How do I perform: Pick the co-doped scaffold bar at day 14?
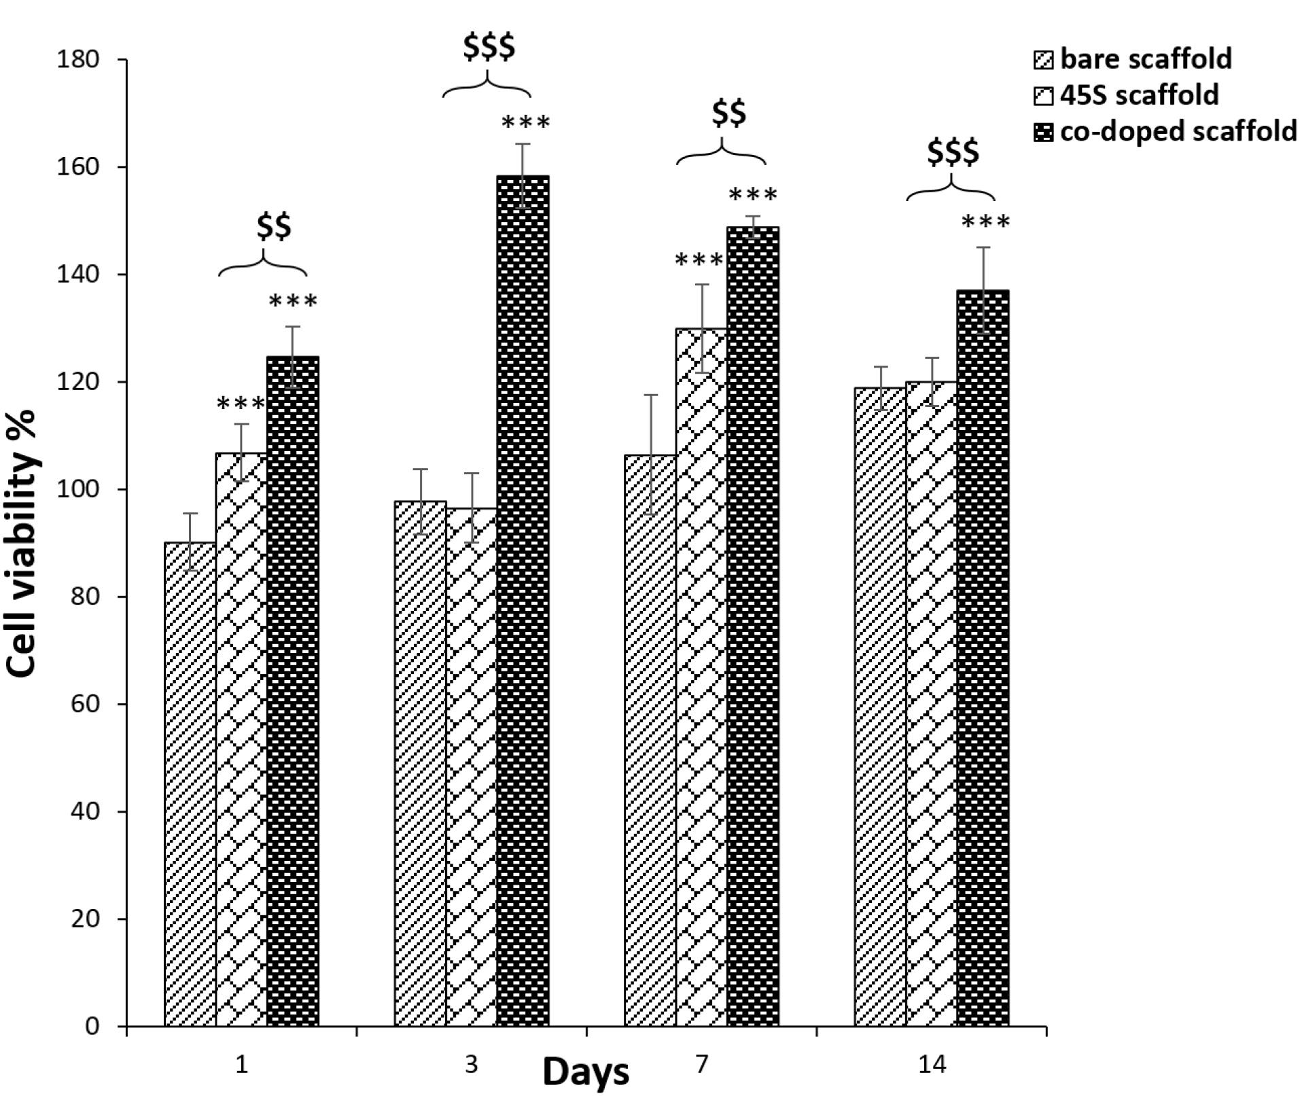(983, 658)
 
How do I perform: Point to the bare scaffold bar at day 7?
(650, 741)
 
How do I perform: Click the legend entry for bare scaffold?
(1132, 60)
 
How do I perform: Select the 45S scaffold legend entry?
(1125, 95)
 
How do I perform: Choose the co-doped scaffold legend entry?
(1165, 131)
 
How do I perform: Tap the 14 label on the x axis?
(932, 1063)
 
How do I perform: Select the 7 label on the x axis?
(701, 1063)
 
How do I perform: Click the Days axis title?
(586, 1072)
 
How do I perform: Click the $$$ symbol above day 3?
(489, 46)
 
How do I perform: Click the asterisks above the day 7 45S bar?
(700, 260)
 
